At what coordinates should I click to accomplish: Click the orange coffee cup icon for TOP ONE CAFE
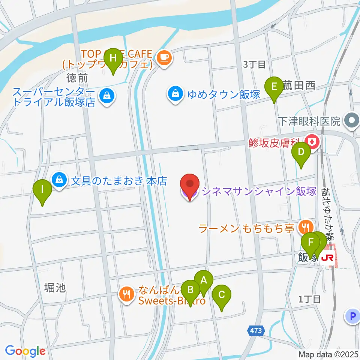pos(163,57)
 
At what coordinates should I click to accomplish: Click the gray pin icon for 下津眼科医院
pos(352,121)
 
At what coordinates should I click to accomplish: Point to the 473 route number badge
pos(256,330)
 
